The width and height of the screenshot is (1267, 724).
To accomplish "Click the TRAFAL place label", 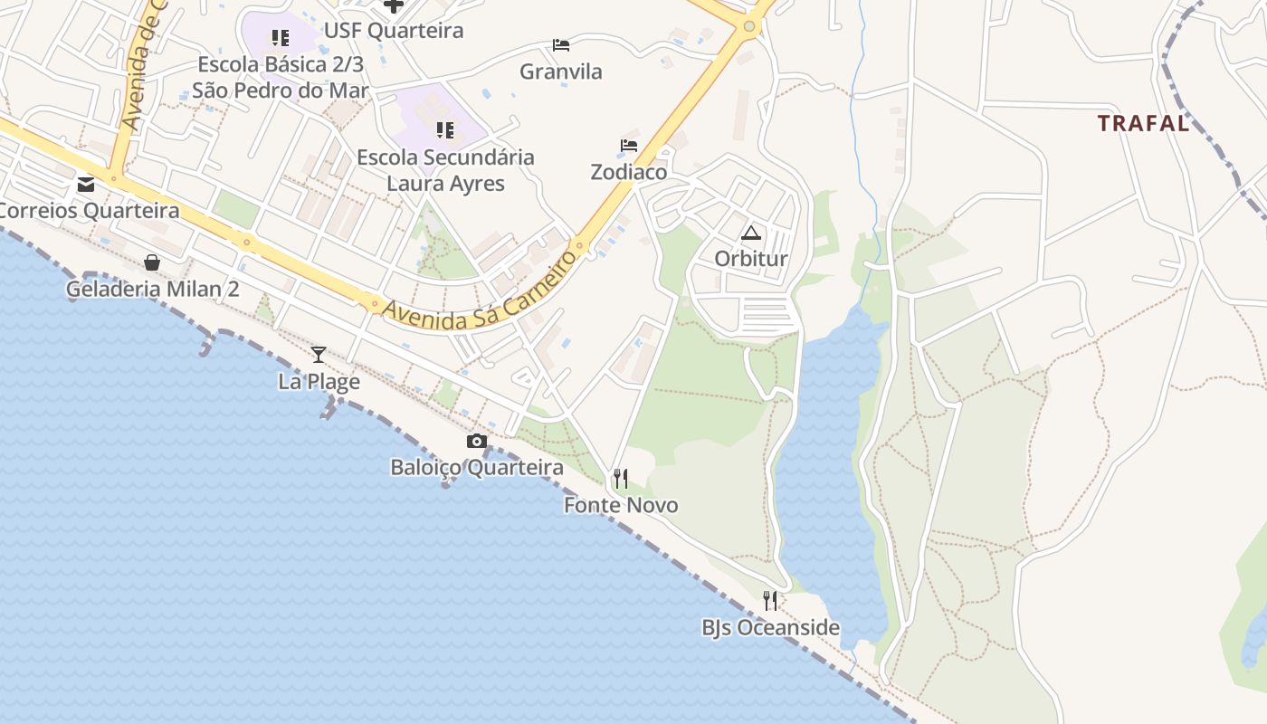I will point(1143,124).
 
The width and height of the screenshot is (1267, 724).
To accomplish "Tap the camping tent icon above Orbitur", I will point(751,233).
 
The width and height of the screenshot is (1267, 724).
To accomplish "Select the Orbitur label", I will point(751,259).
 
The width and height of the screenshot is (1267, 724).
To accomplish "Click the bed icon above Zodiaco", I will point(629,146).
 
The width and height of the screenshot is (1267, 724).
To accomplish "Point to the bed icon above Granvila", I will point(561,45).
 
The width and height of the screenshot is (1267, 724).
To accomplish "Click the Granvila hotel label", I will point(561,71).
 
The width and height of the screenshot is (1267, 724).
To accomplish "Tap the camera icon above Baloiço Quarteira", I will point(477,442).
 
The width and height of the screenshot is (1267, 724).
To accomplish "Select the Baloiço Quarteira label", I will point(477,468).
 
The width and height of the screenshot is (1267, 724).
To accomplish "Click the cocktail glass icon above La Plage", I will point(319,355).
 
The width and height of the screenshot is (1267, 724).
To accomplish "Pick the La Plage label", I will point(319,382).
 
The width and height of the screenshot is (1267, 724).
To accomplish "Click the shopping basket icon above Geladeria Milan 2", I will point(152,262).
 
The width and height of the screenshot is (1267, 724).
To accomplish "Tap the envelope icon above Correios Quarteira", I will point(86,185).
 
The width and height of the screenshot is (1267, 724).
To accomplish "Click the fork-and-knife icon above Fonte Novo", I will point(621,478).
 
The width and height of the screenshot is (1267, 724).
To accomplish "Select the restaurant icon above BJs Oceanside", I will point(770,600).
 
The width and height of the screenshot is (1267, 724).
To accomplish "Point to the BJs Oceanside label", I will point(770,628).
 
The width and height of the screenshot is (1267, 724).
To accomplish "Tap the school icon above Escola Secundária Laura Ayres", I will point(445,130).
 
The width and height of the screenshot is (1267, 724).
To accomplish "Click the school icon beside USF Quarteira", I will point(281,38).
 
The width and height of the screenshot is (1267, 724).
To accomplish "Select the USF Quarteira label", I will point(394,31).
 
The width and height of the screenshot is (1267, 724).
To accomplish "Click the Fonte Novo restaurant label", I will point(621,505).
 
